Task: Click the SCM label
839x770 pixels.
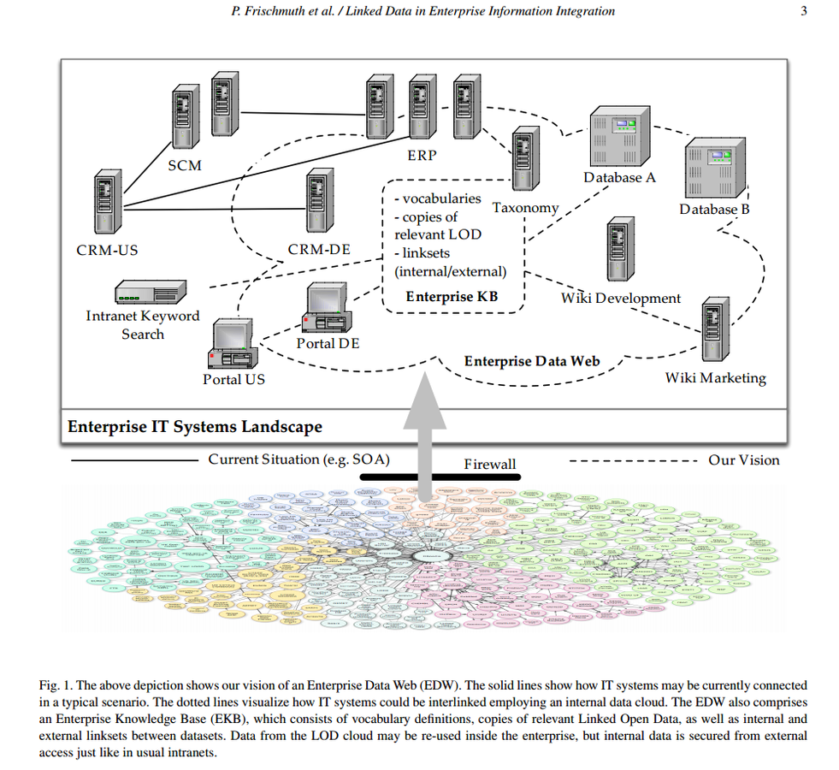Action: (x=184, y=164)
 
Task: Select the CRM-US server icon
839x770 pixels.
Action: (x=106, y=204)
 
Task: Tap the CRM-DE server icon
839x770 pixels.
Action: (x=318, y=200)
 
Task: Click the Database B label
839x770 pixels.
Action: (x=714, y=210)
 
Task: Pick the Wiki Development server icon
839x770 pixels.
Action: (x=619, y=250)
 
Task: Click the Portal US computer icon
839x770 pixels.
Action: (x=231, y=344)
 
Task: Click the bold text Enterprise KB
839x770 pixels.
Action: (x=451, y=297)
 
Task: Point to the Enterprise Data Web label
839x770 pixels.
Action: (x=532, y=361)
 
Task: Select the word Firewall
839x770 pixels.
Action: (x=490, y=464)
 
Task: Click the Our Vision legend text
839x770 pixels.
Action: (x=743, y=460)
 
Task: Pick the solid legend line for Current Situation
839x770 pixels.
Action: (x=136, y=460)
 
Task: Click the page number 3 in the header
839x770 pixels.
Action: (x=803, y=11)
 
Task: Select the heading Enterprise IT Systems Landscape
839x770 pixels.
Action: (x=195, y=426)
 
